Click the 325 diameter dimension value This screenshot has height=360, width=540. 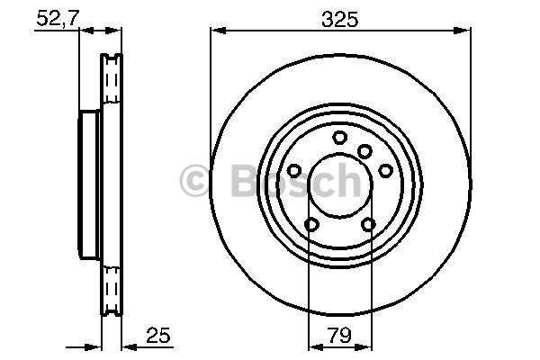click(x=340, y=19)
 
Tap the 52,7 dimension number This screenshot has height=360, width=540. click(x=58, y=18)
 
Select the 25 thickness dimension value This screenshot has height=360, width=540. click(x=158, y=335)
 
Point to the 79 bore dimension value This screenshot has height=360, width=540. click(x=340, y=335)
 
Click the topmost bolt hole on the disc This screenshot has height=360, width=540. click(x=340, y=138)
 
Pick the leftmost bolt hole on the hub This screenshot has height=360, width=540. click(x=294, y=170)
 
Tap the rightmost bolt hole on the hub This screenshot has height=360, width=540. click(x=386, y=170)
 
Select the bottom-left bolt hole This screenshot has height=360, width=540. click(x=311, y=225)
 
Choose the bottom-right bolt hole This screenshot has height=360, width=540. click(x=368, y=225)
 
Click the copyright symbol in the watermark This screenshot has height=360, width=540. click(x=194, y=181)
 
